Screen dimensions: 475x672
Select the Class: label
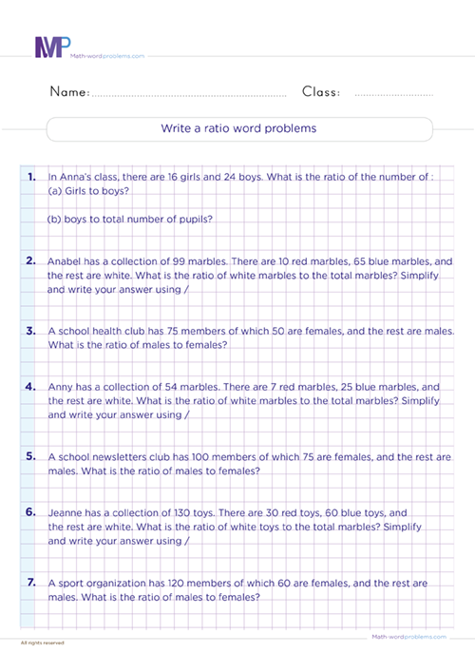click(x=321, y=92)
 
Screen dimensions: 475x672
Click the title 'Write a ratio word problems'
click(x=238, y=127)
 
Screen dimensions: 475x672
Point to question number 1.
click(x=31, y=177)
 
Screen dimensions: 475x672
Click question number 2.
click(x=31, y=259)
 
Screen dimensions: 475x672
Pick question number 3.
click(x=31, y=331)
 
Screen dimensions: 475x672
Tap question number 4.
click(x=31, y=387)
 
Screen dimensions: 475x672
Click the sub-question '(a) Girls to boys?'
click(x=88, y=190)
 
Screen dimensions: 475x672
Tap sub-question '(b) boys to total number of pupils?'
click(x=129, y=219)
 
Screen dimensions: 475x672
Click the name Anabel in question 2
click(x=65, y=260)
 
